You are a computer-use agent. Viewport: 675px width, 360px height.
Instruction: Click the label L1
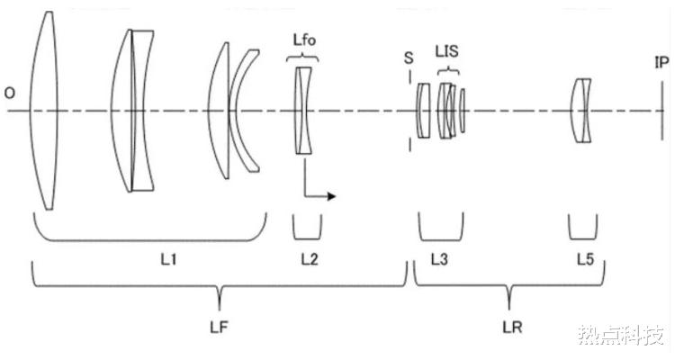click(169, 260)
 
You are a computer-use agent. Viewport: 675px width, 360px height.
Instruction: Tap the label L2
click(310, 260)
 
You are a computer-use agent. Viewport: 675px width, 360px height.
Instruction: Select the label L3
click(439, 260)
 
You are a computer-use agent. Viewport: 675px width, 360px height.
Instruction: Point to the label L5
click(586, 260)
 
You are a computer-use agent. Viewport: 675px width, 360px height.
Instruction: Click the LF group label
click(219, 328)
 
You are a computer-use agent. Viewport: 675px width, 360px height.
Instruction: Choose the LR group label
click(512, 328)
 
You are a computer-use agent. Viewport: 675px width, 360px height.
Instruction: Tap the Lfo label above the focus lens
click(304, 40)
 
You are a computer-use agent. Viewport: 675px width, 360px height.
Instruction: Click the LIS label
click(446, 51)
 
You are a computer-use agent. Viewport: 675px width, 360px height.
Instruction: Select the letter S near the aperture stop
click(409, 58)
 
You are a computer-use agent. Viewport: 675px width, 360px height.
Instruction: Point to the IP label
click(661, 63)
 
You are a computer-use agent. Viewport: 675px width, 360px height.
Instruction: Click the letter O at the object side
click(10, 93)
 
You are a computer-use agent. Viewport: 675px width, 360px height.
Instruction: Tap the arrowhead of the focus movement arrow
click(331, 196)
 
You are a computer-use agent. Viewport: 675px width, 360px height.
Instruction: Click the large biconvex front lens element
click(43, 111)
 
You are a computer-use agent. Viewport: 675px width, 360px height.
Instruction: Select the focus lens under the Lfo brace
click(303, 111)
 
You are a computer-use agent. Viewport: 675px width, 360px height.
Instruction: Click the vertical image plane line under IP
click(662, 111)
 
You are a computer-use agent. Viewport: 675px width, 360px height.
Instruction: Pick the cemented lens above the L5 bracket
click(580, 111)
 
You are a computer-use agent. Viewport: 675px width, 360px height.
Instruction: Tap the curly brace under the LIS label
click(448, 70)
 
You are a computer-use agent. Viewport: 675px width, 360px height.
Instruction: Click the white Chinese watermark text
click(620, 335)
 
